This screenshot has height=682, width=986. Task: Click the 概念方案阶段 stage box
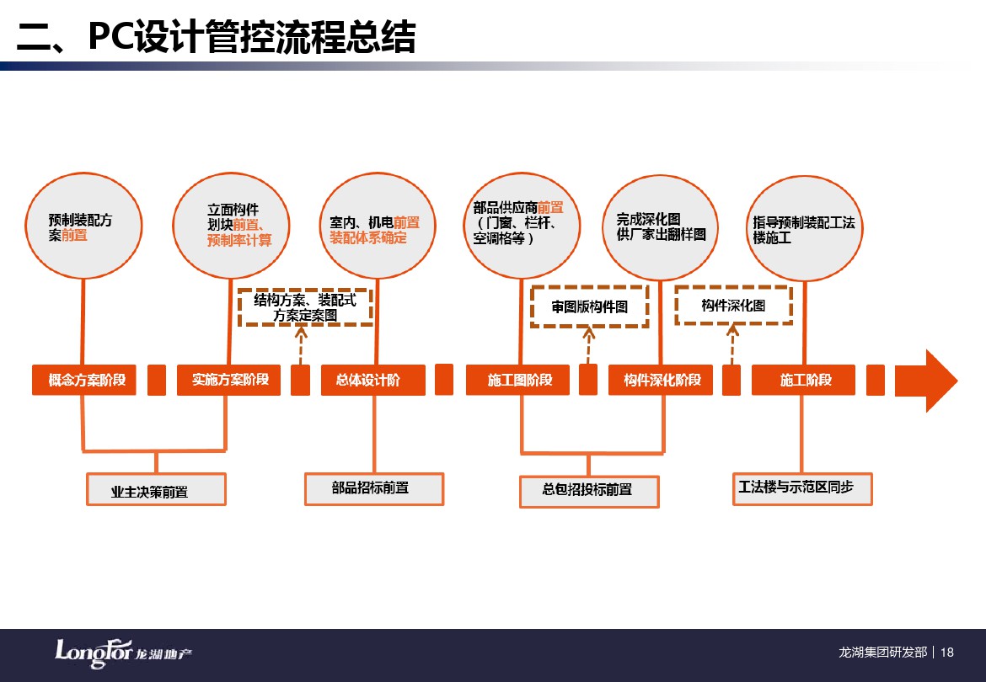click(x=84, y=380)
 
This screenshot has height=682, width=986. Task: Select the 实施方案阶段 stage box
click(x=229, y=380)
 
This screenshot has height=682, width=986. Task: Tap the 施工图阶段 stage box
click(x=517, y=380)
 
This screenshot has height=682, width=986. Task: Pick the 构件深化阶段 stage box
click(x=660, y=380)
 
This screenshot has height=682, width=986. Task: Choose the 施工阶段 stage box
click(x=804, y=380)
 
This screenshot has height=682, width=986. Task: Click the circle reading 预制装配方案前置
click(x=83, y=226)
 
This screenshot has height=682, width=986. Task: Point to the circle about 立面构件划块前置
click(x=232, y=226)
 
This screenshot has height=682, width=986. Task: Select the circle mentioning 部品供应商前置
click(x=522, y=226)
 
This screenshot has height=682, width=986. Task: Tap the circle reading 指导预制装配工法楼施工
click(x=805, y=228)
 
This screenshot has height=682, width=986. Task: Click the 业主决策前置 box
click(x=156, y=489)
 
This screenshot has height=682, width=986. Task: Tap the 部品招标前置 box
click(x=374, y=488)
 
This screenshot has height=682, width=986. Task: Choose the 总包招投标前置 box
click(x=589, y=491)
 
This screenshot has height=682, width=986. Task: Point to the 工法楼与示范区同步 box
click(x=802, y=488)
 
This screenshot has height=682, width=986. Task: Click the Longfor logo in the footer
click(x=123, y=653)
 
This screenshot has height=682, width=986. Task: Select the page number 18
click(x=947, y=653)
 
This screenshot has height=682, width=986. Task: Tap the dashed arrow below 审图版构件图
click(x=588, y=345)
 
